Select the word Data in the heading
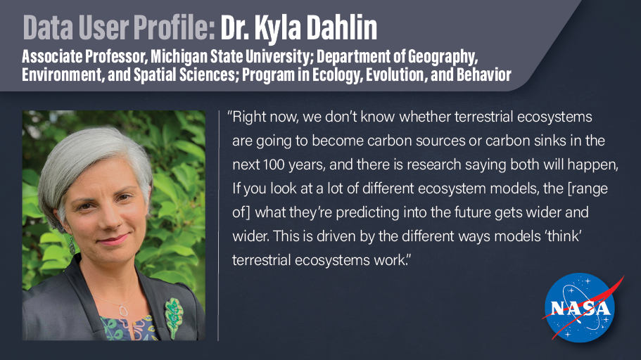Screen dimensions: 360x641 (46, 27)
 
